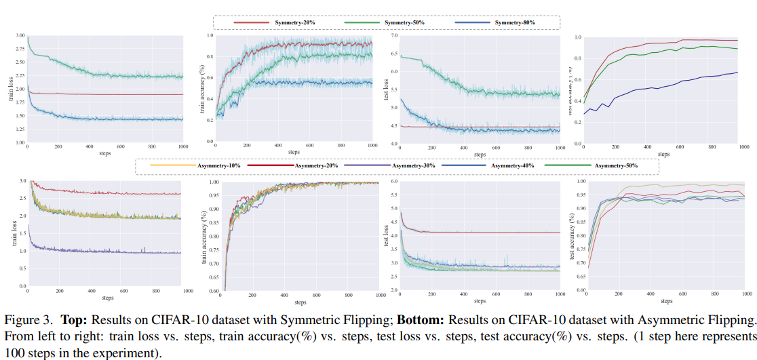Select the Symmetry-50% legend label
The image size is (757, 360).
[404, 23]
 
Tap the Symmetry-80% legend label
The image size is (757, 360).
[515, 23]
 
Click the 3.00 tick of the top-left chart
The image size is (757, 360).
[20, 35]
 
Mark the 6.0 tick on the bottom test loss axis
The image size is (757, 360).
[394, 182]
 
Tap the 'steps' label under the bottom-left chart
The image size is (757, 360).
[108, 298]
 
